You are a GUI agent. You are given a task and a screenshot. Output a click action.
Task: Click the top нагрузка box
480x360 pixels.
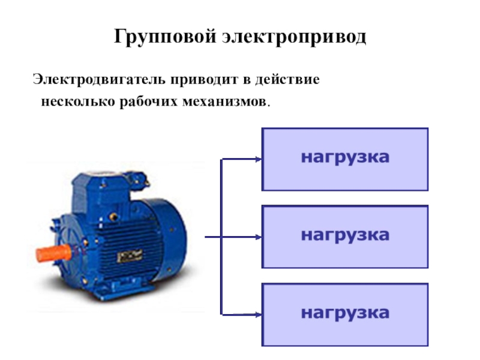pyautogui.click(x=345, y=158)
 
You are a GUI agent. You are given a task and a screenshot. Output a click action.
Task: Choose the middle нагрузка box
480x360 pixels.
pyautogui.click(x=345, y=236)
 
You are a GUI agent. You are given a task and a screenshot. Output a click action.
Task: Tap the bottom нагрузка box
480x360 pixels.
pyautogui.click(x=345, y=313)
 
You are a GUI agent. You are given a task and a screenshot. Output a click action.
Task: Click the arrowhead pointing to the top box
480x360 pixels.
pyautogui.click(x=258, y=159)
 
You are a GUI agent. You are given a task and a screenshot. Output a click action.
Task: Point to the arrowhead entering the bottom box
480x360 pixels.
pyautogui.click(x=258, y=313)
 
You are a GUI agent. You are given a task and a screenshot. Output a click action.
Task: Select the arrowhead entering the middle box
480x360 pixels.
pyautogui.click(x=258, y=236)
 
